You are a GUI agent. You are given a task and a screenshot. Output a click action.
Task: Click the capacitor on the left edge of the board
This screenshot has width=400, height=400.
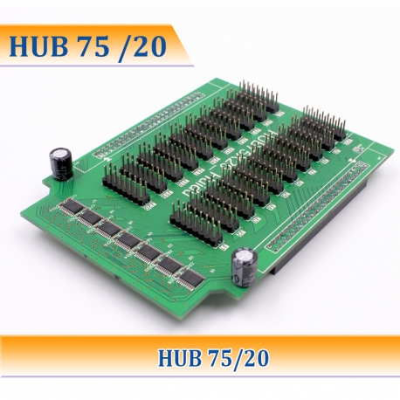click(60, 162)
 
